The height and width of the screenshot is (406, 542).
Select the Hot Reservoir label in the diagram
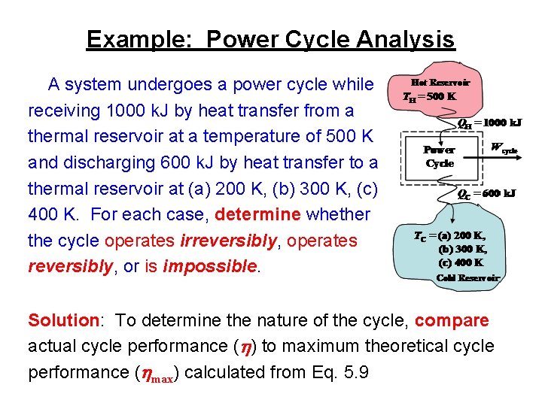click(x=440, y=83)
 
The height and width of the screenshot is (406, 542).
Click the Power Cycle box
click(x=439, y=156)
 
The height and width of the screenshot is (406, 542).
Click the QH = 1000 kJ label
click(x=490, y=122)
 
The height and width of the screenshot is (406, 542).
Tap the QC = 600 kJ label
click(x=487, y=193)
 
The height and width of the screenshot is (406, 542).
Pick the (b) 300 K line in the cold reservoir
click(x=462, y=249)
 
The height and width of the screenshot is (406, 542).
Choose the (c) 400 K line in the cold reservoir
click(x=461, y=262)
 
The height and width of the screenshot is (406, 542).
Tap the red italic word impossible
click(x=209, y=267)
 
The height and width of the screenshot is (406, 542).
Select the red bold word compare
click(x=451, y=321)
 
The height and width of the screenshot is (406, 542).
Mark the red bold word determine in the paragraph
click(x=258, y=214)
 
